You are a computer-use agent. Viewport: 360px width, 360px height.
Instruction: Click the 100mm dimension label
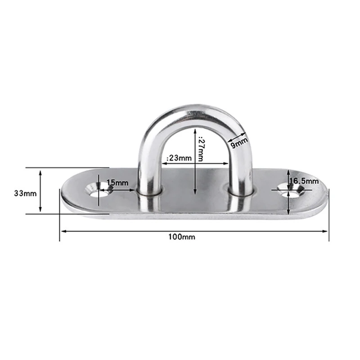pos(182,237)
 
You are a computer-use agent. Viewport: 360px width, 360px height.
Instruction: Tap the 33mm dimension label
pos(25,193)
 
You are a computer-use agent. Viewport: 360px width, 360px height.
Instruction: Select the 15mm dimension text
pos(117,183)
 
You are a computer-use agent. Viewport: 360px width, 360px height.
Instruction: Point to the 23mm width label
pos(179,158)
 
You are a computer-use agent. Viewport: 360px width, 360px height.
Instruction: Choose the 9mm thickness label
pos(239,143)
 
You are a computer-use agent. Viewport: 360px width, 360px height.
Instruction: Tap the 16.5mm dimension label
pos(304,181)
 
